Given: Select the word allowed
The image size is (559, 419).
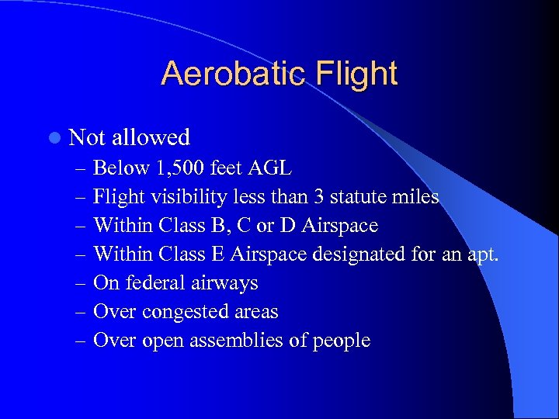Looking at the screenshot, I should click(x=151, y=137).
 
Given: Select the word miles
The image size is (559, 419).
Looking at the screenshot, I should click(x=415, y=197).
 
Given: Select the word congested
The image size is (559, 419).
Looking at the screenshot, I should click(x=182, y=312).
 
